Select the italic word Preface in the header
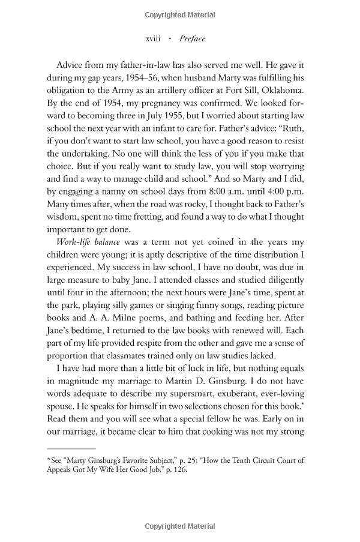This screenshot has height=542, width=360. point(192,39)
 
